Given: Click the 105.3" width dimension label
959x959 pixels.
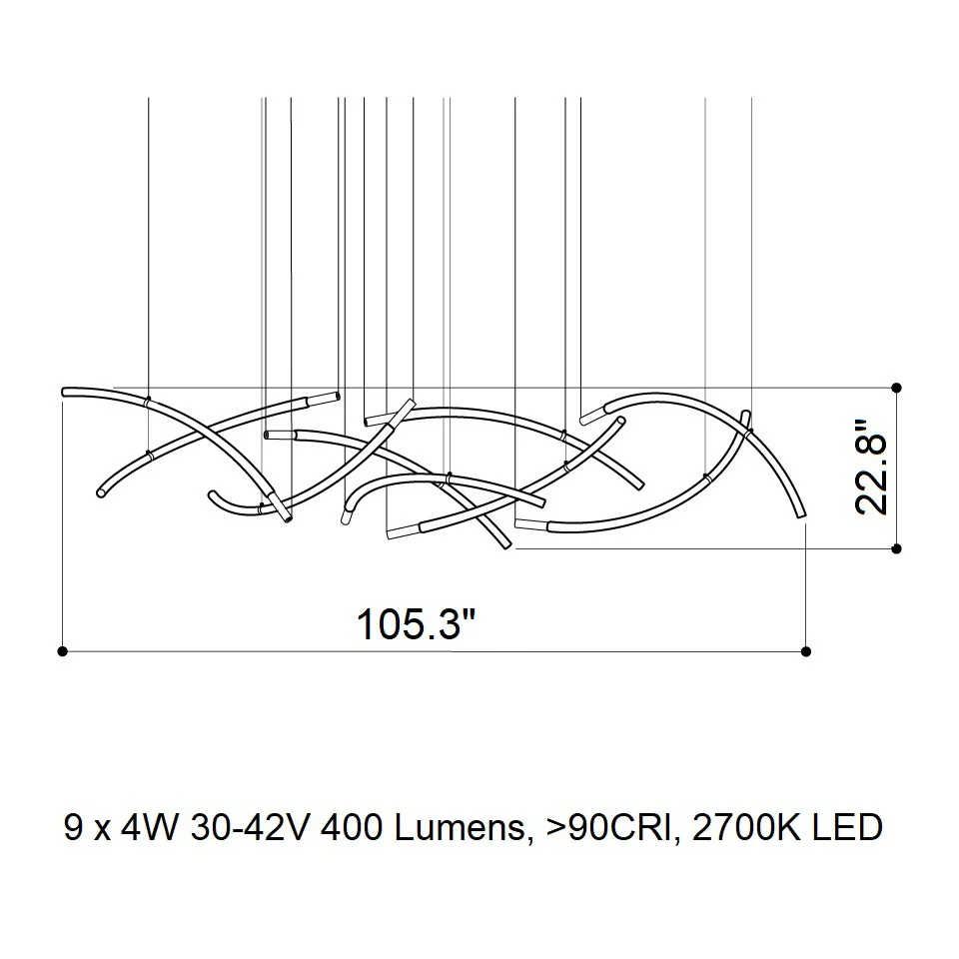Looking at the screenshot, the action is (416, 623).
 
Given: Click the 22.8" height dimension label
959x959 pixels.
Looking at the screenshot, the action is (871, 468).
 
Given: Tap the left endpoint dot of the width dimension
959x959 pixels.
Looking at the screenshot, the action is (62, 651).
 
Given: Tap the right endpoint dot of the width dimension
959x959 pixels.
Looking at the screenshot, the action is (806, 651).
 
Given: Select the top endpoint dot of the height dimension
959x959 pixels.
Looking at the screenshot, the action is (897, 388).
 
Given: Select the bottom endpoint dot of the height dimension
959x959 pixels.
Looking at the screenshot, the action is (897, 549).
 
